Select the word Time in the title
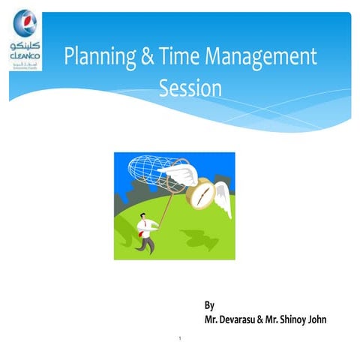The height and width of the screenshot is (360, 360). point(181,56)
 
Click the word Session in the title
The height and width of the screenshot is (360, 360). point(191,88)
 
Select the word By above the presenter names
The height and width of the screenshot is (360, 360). point(210,305)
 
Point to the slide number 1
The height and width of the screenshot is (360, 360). point(182,338)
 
